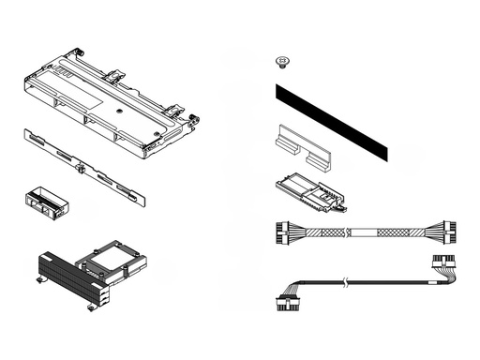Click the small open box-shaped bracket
[x=43, y=202]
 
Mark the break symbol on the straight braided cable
[x=348, y=231]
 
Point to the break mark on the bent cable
[x=347, y=281]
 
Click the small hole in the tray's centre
[x=121, y=109]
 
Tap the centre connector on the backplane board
[x=81, y=170]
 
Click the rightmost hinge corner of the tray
[x=195, y=119]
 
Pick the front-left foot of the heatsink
[x=40, y=278]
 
